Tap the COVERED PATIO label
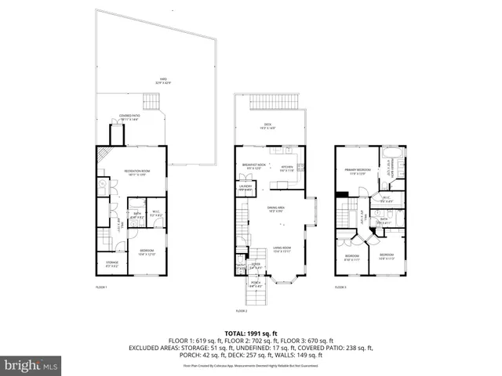click(129, 117)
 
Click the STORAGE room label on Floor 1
click(112, 262)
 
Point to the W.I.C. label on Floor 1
click(155, 212)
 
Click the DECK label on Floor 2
click(268, 126)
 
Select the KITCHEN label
click(287, 168)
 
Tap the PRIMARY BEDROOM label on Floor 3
click(358, 171)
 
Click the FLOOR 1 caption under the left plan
click(101, 287)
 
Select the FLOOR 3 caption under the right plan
click(341, 287)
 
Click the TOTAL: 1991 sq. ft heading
click(251, 333)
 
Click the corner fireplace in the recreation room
click(102, 154)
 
